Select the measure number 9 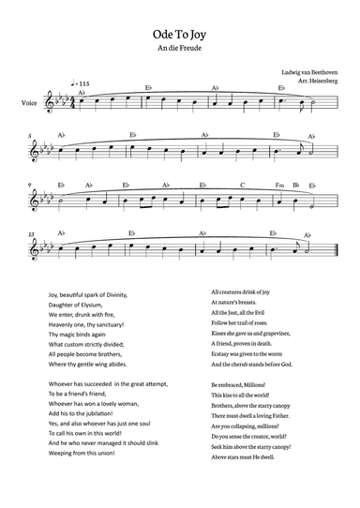click(31, 185)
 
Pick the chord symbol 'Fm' click(279, 185)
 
